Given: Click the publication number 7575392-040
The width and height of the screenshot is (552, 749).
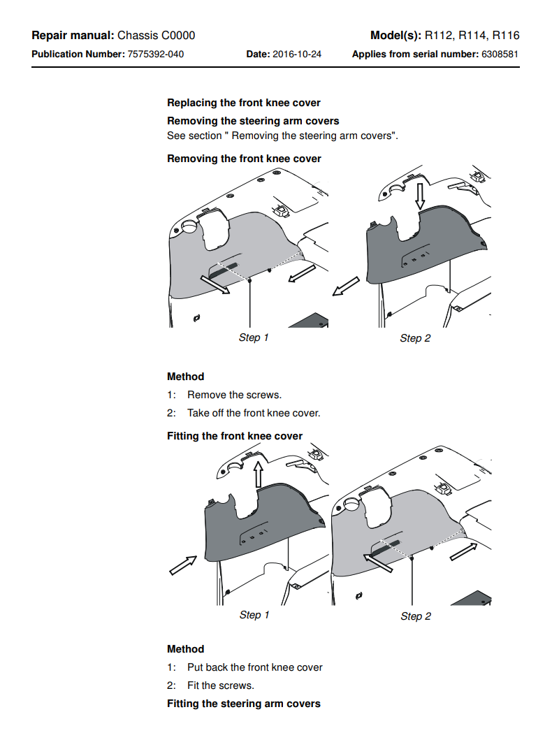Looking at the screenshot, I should pos(156,54).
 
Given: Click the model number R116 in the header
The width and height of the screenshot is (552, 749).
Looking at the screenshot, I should pos(506,36).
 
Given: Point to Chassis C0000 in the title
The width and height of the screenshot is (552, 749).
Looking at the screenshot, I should pos(156,36).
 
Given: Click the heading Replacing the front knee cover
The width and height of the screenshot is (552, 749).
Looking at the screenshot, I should pos(244,103).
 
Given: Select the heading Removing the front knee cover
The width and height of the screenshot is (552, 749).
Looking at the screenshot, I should pos(244,159).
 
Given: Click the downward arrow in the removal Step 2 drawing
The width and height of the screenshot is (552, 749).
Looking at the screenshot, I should pos(419,195).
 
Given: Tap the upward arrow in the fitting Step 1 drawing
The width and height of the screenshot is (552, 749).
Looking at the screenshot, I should pos(258,473).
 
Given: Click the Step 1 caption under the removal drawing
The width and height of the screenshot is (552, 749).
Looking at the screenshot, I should pos(254,337).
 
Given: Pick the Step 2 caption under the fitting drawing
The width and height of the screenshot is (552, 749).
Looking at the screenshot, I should pos(416,616).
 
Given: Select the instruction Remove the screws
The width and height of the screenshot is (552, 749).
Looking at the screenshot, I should pos(234,395).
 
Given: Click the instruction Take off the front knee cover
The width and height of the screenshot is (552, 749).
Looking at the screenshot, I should pos(254,413).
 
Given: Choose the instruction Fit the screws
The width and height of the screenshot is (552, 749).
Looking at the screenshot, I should pos(220,685).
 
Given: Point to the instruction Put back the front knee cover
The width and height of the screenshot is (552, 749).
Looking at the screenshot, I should pos(254,667).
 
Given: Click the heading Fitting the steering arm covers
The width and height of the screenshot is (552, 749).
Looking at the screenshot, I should pos(244,704).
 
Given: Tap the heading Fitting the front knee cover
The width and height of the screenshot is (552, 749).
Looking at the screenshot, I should pos(235,436).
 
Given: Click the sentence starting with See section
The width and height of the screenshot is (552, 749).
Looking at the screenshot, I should pos(282,136).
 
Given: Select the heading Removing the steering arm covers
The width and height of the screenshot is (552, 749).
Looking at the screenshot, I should pos(253,121).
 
